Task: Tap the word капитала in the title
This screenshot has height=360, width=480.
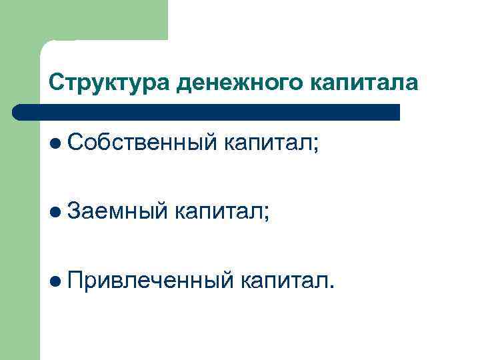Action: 364,82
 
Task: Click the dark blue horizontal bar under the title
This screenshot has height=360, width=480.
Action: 207,112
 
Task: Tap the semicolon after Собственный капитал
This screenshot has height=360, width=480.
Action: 316,144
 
